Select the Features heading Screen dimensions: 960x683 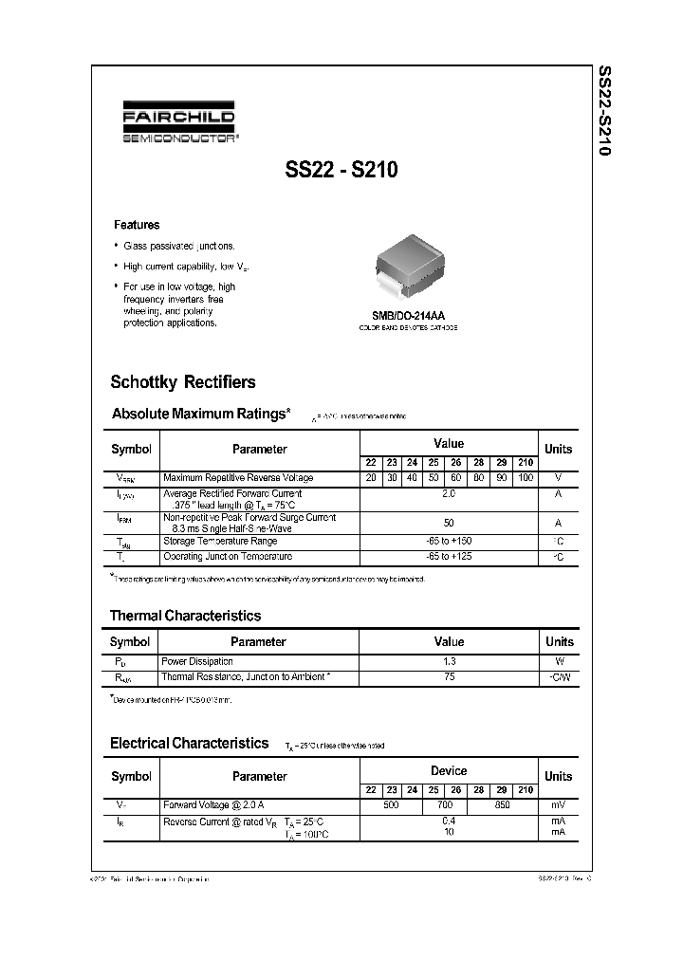pos(137,225)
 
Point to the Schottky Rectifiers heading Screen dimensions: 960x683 pos(183,382)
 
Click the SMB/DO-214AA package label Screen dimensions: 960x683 pos(408,316)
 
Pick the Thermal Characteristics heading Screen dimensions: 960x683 pos(185,616)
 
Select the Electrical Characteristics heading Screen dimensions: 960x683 pos(189,744)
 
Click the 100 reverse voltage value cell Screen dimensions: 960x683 pos(526,477)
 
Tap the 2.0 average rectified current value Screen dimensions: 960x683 pos(449,494)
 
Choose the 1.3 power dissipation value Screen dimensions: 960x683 pos(449,660)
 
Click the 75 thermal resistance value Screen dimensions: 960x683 pos(449,677)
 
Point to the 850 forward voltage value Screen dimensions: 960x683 pos(502,805)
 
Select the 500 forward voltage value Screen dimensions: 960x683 pos(390,805)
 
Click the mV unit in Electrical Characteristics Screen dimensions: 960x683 pos(559,805)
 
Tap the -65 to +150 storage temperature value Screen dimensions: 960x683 pos(449,540)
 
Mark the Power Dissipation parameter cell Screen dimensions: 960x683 pos(196,660)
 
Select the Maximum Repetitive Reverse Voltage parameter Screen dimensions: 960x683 pos(237,477)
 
